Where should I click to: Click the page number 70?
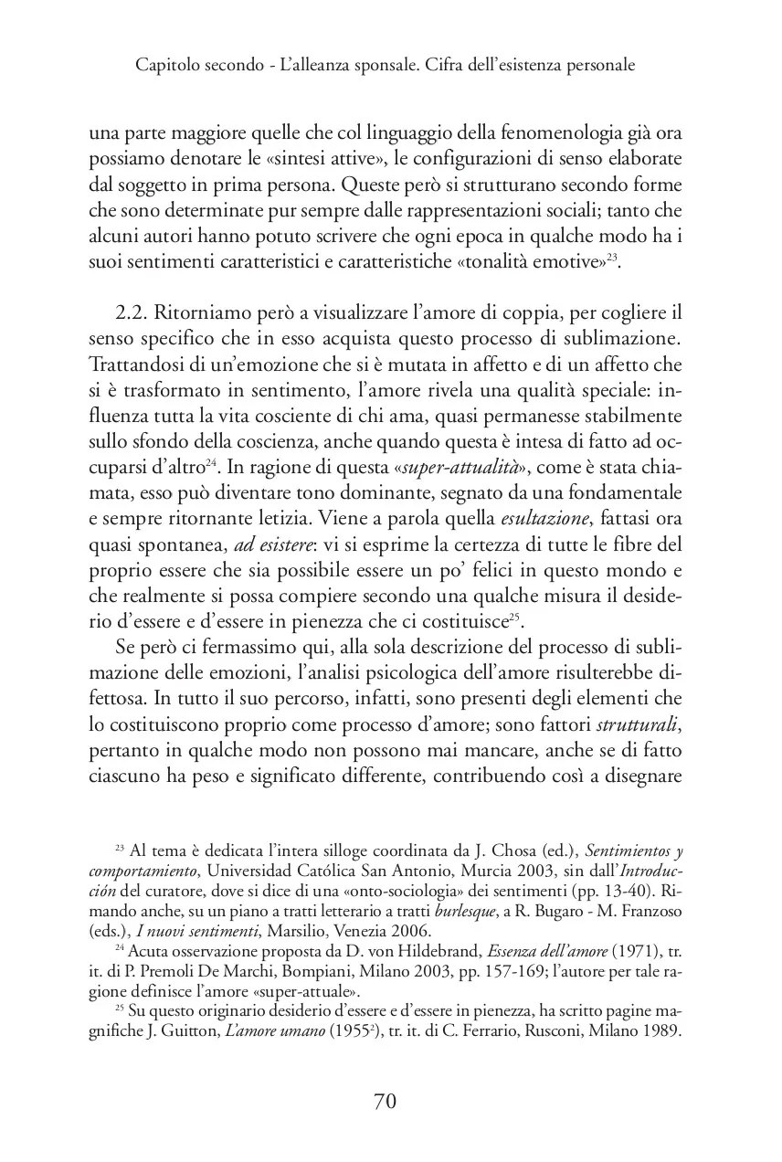[385, 1101]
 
